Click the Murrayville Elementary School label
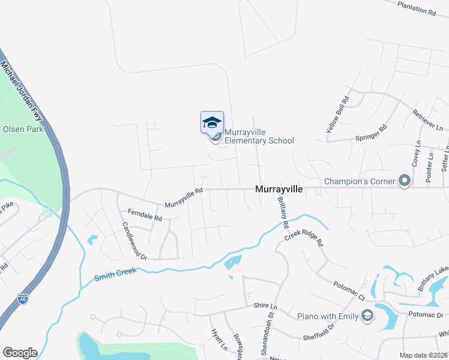(259, 137)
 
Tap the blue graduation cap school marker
(211, 122)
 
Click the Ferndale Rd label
(145, 214)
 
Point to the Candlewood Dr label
(134, 241)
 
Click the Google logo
(20, 353)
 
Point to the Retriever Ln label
(427, 120)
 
